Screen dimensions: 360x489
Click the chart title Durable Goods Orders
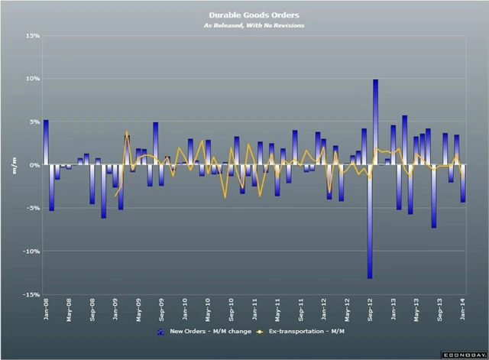click(244, 15)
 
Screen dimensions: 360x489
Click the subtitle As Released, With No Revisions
click(244, 25)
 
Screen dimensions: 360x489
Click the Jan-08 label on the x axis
click(46, 310)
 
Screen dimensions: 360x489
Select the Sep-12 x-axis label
click(371, 310)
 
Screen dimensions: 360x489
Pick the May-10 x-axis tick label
click(209, 310)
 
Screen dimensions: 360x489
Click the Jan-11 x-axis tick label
click(255, 310)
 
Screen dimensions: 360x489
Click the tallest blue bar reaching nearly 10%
click(376, 122)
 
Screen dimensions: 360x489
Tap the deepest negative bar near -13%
click(370, 222)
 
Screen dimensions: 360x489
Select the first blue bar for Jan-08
click(46, 142)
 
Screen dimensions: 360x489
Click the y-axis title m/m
click(14, 165)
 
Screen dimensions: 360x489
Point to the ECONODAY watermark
click(464, 355)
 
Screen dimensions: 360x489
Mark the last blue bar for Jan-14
click(463, 183)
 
